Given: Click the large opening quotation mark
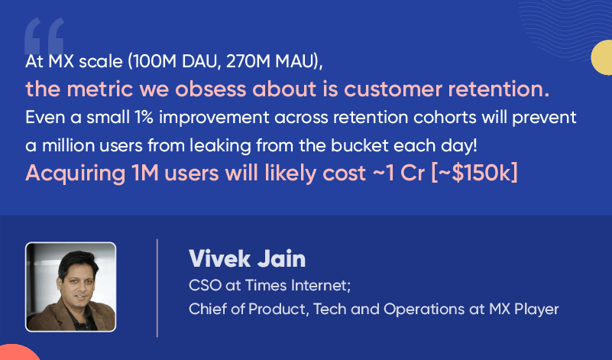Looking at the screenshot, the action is tap(44, 36).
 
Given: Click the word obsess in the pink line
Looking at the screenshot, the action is tap(211, 89).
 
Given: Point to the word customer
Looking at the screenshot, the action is tap(393, 89).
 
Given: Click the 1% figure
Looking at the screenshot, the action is tap(144, 118).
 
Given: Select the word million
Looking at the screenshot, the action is tap(68, 146).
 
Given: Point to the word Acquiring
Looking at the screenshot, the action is tap(76, 174).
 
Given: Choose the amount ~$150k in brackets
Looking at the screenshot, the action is tap(474, 173).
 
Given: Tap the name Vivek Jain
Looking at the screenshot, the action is tap(247, 258).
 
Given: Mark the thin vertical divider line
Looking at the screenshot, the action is tap(157, 287).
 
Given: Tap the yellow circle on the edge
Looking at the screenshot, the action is tap(601, 57).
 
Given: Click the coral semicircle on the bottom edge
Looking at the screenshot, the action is tap(20, 352).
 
